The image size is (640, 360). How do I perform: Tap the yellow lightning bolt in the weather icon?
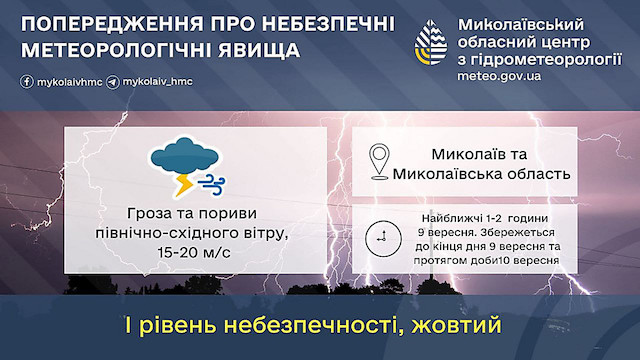pos(184,184)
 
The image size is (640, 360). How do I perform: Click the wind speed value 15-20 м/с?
pos(193,252)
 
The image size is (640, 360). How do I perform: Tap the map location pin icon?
pos(379,162)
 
